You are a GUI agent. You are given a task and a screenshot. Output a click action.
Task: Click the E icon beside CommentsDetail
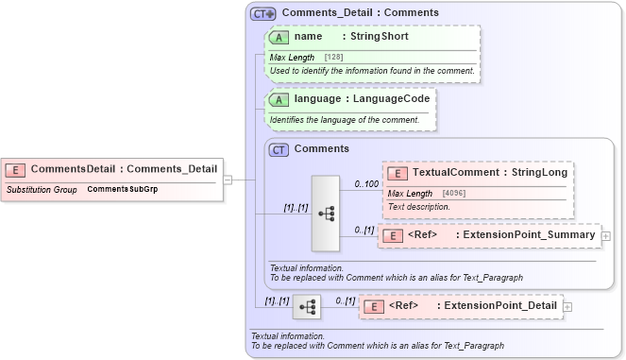(15, 169)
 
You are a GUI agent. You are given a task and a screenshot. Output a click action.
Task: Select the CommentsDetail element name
(72, 169)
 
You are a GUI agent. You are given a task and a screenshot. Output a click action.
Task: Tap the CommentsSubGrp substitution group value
(123, 190)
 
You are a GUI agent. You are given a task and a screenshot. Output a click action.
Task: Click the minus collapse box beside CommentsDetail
(227, 180)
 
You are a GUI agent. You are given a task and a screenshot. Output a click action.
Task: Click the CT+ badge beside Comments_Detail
(262, 13)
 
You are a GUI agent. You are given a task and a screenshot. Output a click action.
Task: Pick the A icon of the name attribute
(279, 37)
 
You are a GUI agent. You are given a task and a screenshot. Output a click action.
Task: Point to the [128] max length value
(333, 58)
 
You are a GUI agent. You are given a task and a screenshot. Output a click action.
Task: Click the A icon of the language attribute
(279, 98)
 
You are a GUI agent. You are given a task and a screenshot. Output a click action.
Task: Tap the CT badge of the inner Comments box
(279, 149)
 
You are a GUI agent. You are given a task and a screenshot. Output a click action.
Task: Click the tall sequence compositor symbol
(325, 214)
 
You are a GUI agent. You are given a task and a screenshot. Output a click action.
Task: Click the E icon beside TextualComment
(398, 173)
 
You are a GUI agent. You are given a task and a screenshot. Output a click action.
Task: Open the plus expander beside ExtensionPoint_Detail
(567, 306)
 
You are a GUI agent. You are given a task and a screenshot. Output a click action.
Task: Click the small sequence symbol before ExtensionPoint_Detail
(306, 307)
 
